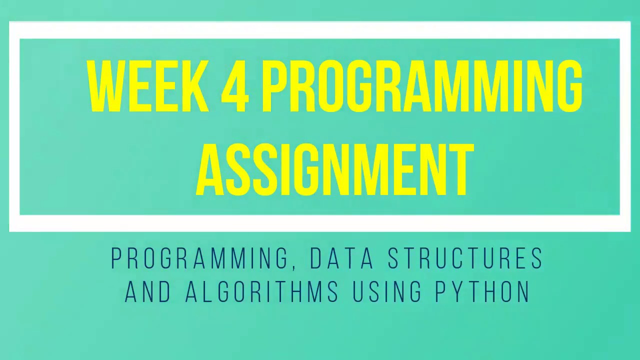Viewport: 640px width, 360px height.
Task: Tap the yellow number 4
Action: (x=234, y=86)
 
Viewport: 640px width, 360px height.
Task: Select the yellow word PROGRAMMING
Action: (x=421, y=86)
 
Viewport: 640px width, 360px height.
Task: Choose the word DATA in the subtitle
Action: (x=341, y=258)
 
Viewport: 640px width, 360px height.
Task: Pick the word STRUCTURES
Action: (x=465, y=258)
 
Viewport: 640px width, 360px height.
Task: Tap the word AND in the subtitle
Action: (x=148, y=291)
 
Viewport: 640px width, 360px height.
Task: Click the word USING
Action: (x=386, y=291)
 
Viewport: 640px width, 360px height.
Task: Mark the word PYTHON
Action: (x=482, y=291)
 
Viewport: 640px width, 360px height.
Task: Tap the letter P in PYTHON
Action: (x=439, y=291)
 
